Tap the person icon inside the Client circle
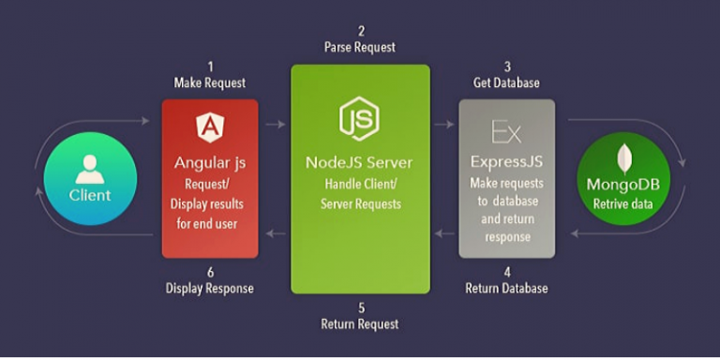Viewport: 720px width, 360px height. tap(90, 169)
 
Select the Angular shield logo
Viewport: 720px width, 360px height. tap(209, 127)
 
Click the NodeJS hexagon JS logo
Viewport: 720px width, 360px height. tap(359, 117)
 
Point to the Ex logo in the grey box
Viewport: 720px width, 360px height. tap(505, 129)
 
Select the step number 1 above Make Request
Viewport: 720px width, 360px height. tap(210, 67)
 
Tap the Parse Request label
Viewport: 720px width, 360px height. tap(360, 47)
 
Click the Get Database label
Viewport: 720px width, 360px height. tap(506, 82)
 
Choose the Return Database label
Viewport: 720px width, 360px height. tap(506, 288)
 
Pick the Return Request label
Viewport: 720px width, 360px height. tap(360, 323)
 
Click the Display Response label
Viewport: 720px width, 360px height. tap(210, 288)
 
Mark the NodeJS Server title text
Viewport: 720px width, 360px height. tap(359, 162)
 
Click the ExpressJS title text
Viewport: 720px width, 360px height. tap(506, 162)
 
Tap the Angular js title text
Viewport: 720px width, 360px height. tap(210, 162)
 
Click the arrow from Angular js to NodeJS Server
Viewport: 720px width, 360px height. tap(275, 123)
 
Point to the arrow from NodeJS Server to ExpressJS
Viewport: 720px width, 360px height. tap(444, 123)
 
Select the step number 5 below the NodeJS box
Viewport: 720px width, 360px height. tap(360, 307)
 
